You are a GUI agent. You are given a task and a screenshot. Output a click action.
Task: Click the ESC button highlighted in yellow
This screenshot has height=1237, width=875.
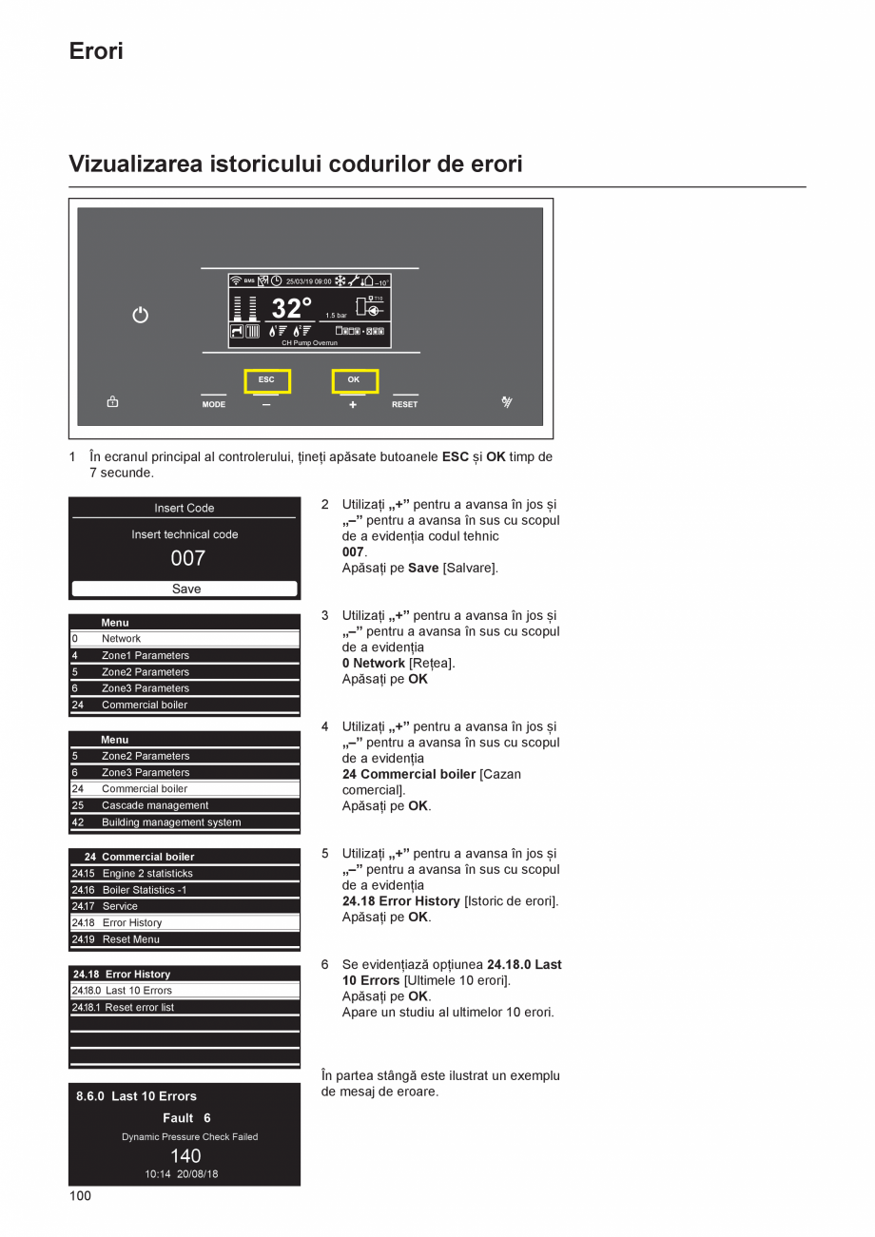click(x=266, y=380)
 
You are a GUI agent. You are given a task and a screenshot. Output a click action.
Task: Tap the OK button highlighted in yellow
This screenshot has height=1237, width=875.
click(x=354, y=380)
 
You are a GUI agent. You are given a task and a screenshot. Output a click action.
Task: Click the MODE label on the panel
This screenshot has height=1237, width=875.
click(x=214, y=404)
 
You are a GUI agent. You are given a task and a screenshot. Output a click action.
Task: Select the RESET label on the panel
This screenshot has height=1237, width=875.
click(x=404, y=404)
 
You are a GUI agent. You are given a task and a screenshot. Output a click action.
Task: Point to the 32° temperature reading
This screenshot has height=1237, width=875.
click(x=291, y=308)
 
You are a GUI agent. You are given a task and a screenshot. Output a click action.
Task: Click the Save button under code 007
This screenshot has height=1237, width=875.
click(x=185, y=589)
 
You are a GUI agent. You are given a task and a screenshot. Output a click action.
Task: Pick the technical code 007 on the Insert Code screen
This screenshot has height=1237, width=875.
click(x=187, y=558)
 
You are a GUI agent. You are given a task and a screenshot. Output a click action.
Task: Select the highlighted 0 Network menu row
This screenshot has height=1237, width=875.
click(x=185, y=639)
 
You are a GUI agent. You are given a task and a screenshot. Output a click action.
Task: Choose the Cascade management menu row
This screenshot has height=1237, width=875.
click(x=185, y=805)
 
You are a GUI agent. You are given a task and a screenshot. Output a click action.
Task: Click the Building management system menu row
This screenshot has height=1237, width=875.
click(x=185, y=822)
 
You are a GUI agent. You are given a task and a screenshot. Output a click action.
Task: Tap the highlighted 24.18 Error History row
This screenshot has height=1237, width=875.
click(x=185, y=922)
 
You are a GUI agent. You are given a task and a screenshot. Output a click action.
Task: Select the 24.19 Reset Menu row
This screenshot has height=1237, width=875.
click(x=185, y=939)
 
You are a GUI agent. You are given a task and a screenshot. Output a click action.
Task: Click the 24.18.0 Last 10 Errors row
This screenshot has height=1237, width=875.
click(x=185, y=991)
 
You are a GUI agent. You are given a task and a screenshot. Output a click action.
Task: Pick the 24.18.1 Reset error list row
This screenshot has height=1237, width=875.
click(x=185, y=1007)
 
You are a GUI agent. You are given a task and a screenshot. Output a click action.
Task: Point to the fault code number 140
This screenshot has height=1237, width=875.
click(x=185, y=1155)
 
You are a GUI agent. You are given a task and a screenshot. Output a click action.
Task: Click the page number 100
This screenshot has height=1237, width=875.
click(x=80, y=1196)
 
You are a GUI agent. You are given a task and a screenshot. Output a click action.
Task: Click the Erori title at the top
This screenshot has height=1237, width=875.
click(x=96, y=51)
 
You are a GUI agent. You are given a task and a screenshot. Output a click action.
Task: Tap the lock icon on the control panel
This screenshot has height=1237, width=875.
click(x=112, y=402)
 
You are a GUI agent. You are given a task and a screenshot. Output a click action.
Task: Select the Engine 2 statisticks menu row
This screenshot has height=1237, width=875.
click(x=185, y=873)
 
